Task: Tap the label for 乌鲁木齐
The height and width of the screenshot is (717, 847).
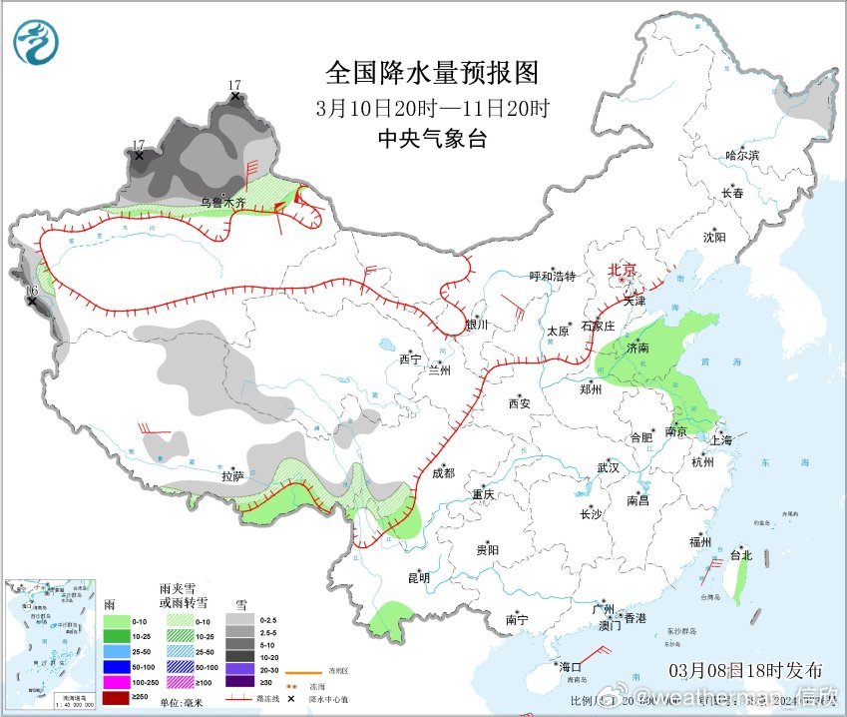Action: pyautogui.click(x=222, y=202)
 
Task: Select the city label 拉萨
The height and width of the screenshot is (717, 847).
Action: pyautogui.click(x=231, y=476)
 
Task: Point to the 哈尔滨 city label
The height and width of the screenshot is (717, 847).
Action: pyautogui.click(x=742, y=155)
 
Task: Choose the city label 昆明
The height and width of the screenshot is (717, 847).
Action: pyautogui.click(x=418, y=577)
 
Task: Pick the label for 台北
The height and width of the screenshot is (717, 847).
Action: pyautogui.click(x=739, y=555)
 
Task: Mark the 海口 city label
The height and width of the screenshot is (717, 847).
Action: pyautogui.click(x=569, y=666)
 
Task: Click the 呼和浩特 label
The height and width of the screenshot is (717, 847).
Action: pyautogui.click(x=552, y=277)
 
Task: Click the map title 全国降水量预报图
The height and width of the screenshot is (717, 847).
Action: pyautogui.click(x=432, y=73)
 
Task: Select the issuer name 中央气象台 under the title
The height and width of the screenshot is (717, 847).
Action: pyautogui.click(x=432, y=139)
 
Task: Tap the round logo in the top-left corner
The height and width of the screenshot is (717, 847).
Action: pyautogui.click(x=36, y=42)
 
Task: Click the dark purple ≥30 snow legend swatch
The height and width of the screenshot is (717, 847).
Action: pyautogui.click(x=239, y=682)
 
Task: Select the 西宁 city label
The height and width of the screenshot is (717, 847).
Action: pyautogui.click(x=411, y=358)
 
